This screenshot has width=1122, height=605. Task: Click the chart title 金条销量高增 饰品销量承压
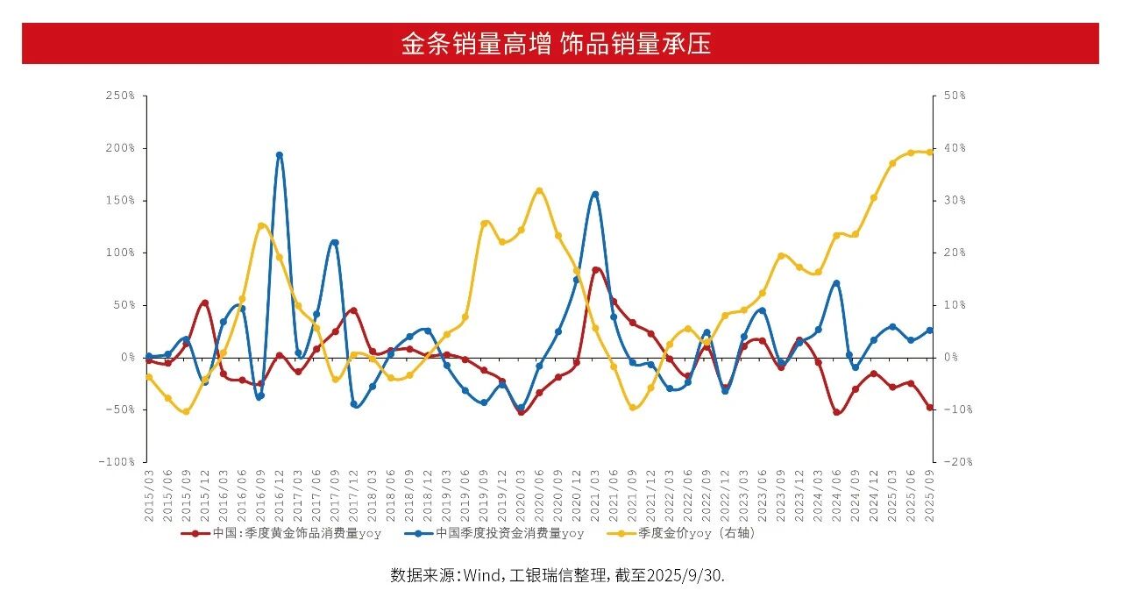tap(556, 44)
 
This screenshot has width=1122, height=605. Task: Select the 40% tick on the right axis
tap(954, 148)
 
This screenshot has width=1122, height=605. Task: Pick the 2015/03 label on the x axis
tap(149, 496)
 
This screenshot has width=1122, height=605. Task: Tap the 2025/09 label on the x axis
tap(930, 496)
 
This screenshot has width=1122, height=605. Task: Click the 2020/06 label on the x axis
tap(539, 496)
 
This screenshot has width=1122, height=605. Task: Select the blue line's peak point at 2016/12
tap(280, 155)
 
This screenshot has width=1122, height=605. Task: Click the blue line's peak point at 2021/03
tap(595, 195)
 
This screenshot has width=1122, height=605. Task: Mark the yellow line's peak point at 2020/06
tap(539, 190)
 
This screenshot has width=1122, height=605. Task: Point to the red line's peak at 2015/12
tap(205, 302)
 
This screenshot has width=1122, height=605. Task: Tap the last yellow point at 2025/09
tap(930, 152)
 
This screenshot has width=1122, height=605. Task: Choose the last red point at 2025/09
tap(930, 408)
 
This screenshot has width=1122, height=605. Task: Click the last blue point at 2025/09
tap(930, 331)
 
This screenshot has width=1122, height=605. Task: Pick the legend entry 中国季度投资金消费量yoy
tap(508, 533)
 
